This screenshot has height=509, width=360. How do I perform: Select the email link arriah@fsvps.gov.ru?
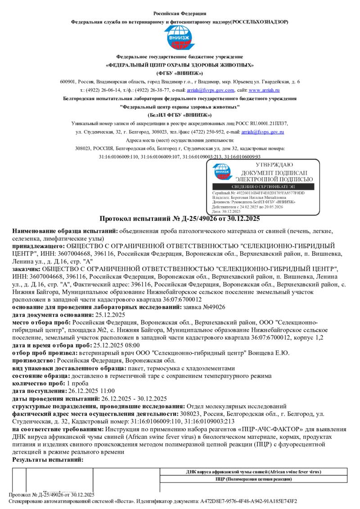pos(262,132)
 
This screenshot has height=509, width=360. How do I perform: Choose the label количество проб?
pos(39,383)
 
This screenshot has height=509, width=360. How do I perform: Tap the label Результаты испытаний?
pos(48,460)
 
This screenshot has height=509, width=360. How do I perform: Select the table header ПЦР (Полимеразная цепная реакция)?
pos(253,479)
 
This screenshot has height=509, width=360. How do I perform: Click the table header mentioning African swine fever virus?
pos(253,472)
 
